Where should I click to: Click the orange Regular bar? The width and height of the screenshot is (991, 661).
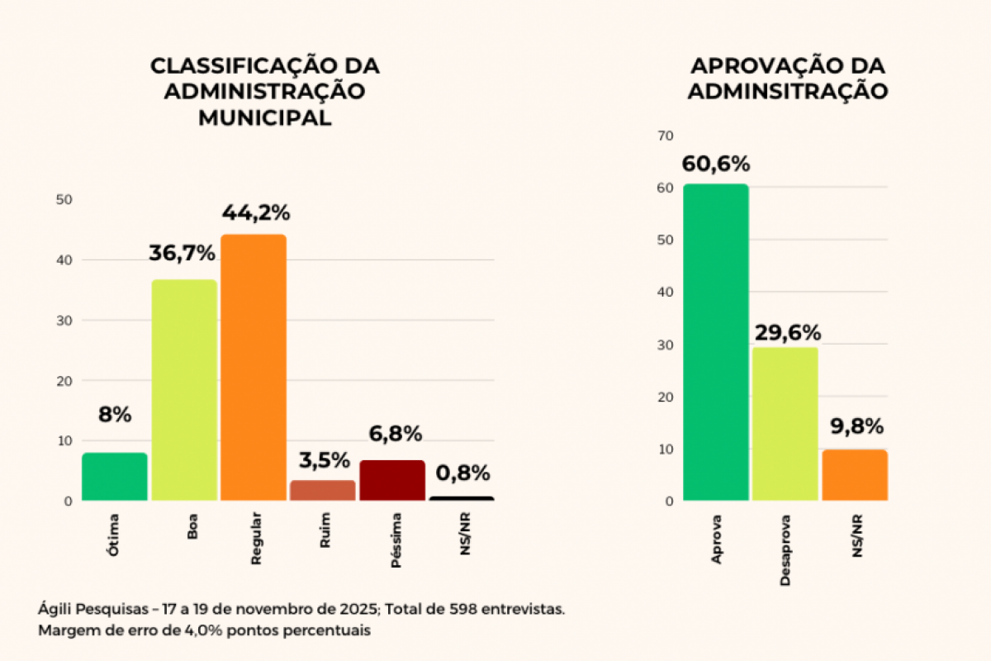(254, 368)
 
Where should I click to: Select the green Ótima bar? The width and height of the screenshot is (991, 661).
(115, 477)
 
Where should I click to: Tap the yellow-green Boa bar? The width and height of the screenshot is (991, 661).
(184, 390)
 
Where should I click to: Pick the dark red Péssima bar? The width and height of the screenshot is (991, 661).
(392, 480)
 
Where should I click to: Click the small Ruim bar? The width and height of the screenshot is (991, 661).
(323, 490)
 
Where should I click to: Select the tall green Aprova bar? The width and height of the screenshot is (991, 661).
(716, 342)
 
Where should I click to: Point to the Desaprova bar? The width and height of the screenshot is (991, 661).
(785, 423)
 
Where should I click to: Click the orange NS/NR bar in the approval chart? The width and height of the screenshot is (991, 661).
(855, 475)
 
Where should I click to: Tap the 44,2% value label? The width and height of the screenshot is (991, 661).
(256, 212)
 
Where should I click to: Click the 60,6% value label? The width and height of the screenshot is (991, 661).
(716, 164)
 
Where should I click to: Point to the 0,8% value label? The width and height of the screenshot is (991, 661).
(463, 473)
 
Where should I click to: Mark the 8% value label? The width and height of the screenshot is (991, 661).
(115, 415)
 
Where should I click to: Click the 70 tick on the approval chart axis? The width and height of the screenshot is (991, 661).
(666, 136)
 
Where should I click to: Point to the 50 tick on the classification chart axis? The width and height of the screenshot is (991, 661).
(64, 200)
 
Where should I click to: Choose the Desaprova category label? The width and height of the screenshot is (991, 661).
(785, 552)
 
